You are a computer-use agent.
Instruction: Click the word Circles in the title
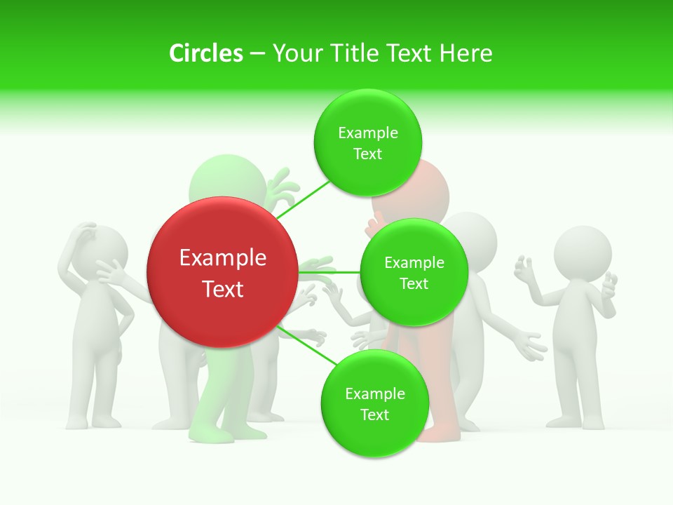point(206,53)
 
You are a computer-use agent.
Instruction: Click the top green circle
point(368,142)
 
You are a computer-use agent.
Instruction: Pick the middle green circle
point(414,272)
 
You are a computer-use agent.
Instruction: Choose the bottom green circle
point(374,403)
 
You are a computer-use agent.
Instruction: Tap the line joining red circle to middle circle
point(329,271)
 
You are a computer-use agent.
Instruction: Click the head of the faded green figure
point(227,180)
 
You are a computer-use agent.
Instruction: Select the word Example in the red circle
point(223,258)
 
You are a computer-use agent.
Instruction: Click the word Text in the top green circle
point(367,154)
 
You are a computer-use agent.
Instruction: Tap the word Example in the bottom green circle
point(375,393)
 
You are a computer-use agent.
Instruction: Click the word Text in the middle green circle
point(414,283)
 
